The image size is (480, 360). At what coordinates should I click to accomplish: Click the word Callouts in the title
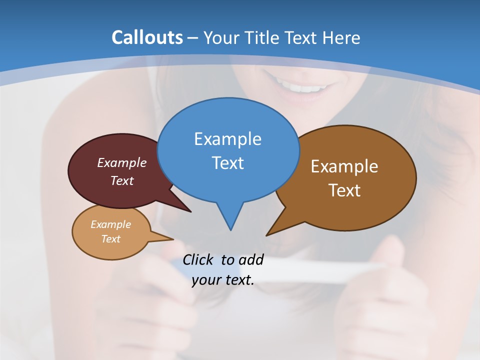147,37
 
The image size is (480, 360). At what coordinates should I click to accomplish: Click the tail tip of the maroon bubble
190,211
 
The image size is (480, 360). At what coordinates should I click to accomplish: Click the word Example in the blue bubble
227,139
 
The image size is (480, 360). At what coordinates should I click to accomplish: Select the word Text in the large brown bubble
344,190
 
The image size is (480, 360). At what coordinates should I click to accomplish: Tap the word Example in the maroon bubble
122,162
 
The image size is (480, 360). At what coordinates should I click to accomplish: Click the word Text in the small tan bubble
111,239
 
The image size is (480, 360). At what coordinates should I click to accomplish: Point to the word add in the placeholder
250,259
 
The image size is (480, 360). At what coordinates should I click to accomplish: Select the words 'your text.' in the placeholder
223,280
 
